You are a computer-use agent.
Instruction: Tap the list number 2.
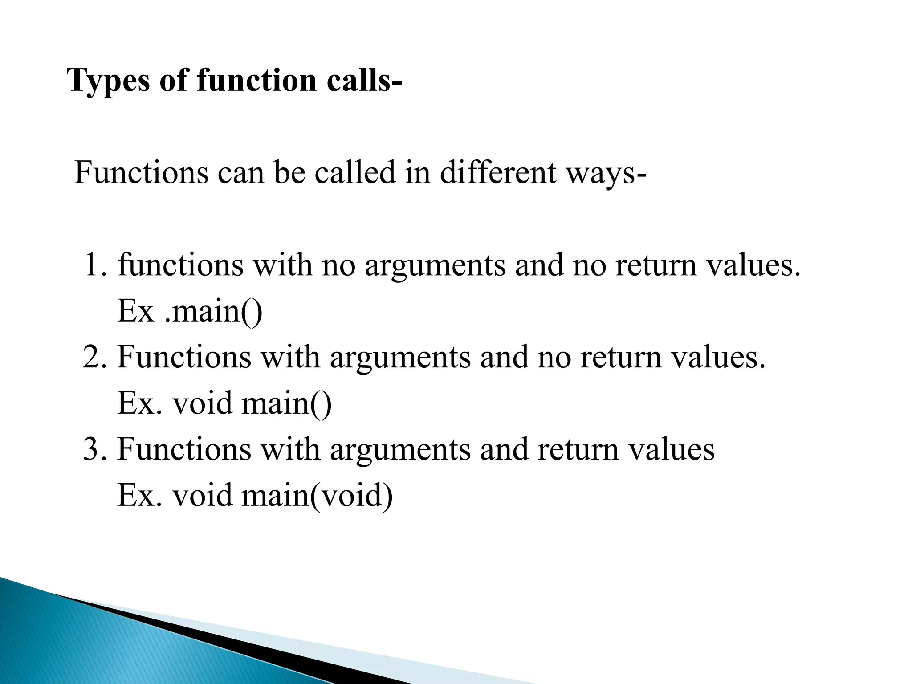coord(94,357)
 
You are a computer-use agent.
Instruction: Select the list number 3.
coord(95,449)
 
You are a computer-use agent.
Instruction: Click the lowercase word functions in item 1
coord(180,265)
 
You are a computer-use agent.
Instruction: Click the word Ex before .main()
coord(135,311)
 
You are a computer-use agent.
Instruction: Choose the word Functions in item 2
coord(184,357)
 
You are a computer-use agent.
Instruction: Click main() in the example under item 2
coord(286,403)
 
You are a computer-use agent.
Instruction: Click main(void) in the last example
coord(317,496)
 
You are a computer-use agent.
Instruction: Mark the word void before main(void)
coord(203,496)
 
